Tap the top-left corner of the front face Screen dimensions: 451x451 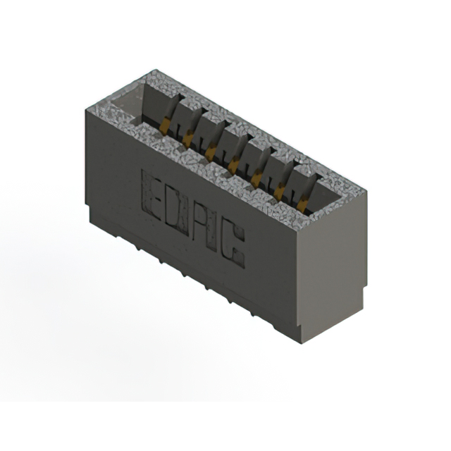click(84, 108)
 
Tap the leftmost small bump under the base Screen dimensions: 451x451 click(138, 249)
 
